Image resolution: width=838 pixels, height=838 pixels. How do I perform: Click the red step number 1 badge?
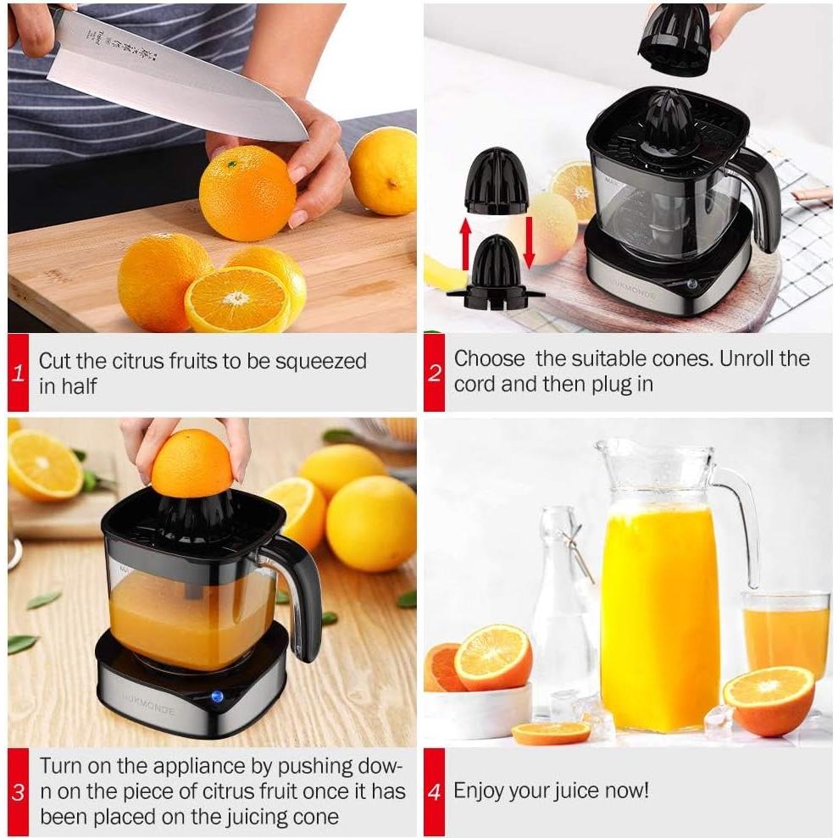(18, 373)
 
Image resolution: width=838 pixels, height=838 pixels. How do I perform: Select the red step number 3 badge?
(18, 792)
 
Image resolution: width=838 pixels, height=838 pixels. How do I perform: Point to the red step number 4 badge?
(434, 792)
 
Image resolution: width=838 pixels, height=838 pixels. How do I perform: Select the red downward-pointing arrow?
(530, 242)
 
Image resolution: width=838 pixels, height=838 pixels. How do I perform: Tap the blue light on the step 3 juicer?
(216, 696)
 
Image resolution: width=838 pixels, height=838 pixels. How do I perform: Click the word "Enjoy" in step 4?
(480, 791)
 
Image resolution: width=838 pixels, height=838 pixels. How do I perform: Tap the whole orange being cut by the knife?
(247, 193)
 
